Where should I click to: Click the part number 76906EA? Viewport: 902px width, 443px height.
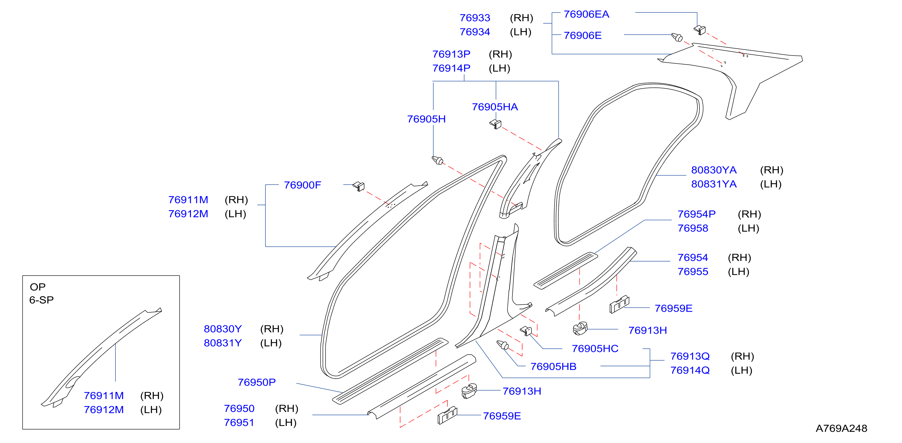tap(586, 14)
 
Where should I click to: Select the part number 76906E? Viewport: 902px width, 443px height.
tap(582, 36)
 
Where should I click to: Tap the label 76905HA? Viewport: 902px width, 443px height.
tap(495, 107)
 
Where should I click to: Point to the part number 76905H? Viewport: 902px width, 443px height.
tap(426, 119)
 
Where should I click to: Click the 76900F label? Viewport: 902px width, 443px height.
tap(302, 185)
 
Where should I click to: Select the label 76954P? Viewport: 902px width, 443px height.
tap(696, 214)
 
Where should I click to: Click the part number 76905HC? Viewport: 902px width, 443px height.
tap(595, 349)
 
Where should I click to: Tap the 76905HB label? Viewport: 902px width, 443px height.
tap(553, 367)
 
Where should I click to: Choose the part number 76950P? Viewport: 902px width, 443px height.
tap(256, 382)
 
